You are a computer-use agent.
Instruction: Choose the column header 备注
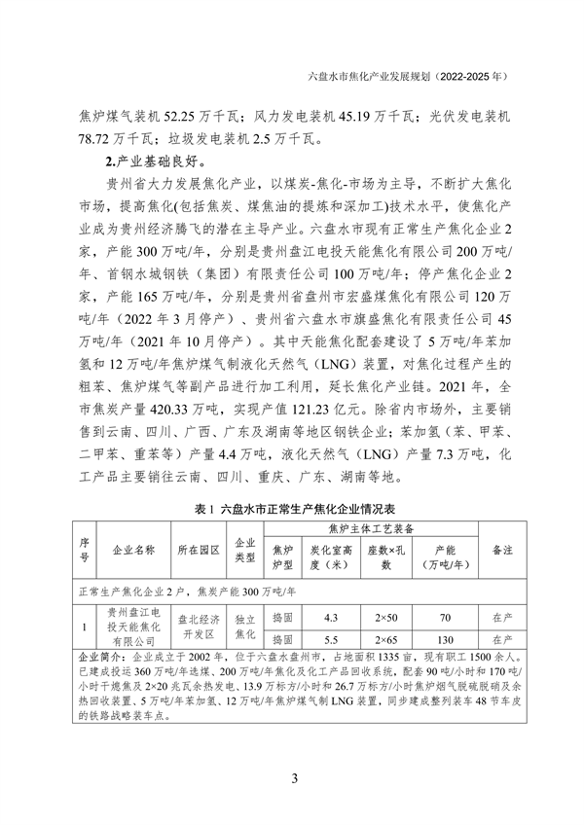[502, 550]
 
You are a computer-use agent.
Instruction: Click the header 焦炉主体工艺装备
[370, 529]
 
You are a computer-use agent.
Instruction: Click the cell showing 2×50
[386, 617]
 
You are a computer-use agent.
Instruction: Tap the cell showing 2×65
[386, 639]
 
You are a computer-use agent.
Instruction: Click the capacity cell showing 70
[445, 617]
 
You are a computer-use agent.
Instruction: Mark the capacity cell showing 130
[445, 639]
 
